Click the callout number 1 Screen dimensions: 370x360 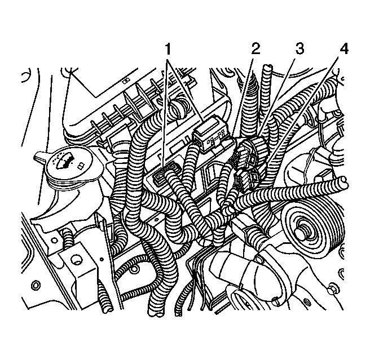[x=168, y=49]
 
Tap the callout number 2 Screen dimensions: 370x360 [x=256, y=48]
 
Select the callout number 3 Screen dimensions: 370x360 [x=299, y=48]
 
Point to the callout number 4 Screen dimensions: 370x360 [x=344, y=49]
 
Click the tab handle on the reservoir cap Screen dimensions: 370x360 [x=41, y=155]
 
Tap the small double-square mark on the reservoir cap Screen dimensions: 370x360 [x=81, y=166]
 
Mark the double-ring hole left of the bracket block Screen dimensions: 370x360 [x=36, y=285]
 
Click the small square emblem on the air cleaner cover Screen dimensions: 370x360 [x=126, y=81]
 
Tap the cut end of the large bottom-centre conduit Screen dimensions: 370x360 [x=155, y=313]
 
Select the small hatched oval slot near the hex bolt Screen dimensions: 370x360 [x=307, y=301]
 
